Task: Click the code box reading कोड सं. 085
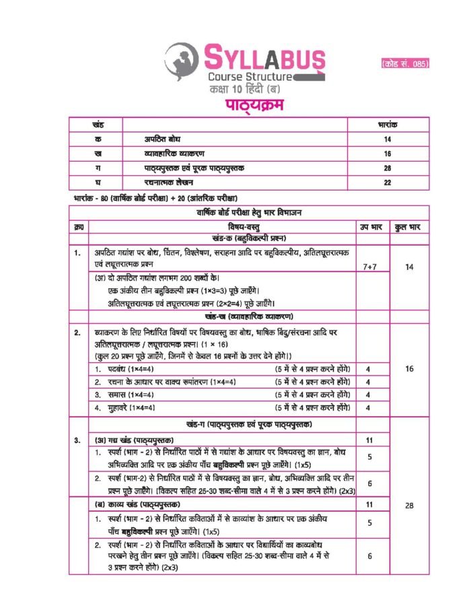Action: tap(405, 63)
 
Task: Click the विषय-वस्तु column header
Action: tap(230, 228)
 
